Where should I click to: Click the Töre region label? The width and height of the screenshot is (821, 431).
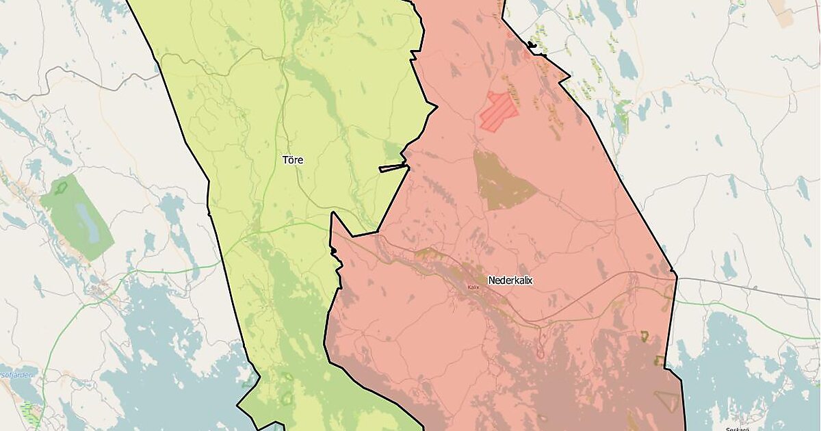pyautogui.click(x=293, y=160)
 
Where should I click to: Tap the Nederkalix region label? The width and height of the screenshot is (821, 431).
pyautogui.click(x=510, y=280)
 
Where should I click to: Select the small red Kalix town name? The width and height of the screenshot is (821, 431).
pyautogui.click(x=473, y=287)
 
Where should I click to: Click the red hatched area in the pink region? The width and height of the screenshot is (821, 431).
pyautogui.click(x=499, y=110)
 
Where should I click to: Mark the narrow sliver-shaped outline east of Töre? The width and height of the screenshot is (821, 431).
pyautogui.click(x=393, y=167)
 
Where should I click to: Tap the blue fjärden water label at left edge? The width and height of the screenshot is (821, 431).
pyautogui.click(x=10, y=375)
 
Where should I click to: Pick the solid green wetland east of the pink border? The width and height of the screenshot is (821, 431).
pyautogui.click(x=621, y=116)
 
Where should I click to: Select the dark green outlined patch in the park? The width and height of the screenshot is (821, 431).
pyautogui.click(x=61, y=187)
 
